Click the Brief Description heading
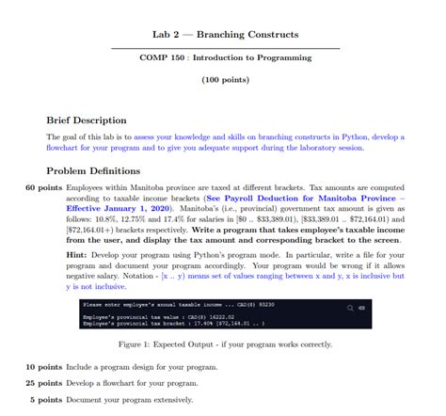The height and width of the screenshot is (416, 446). tap(86, 120)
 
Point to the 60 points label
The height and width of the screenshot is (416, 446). tap(43, 188)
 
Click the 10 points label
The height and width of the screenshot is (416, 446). tap(43, 366)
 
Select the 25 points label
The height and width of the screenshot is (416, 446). tap(43, 383)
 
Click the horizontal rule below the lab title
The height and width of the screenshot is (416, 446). tap(225, 48)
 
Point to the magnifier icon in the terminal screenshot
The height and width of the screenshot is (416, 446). tap(350, 306)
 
